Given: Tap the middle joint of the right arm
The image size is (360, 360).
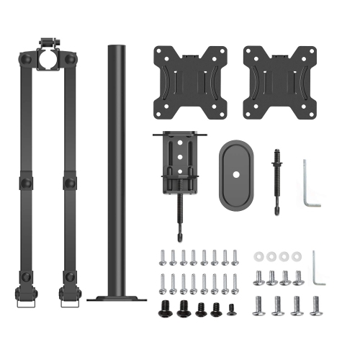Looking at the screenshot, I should [x=70, y=182].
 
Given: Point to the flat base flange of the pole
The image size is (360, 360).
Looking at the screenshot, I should [x=116, y=297].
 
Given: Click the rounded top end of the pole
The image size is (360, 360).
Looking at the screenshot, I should [x=115, y=48].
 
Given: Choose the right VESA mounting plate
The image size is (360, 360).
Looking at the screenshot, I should [x=271, y=83].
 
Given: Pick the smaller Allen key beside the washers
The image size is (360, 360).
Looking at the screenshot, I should [x=318, y=269].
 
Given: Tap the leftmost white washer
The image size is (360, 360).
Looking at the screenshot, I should [x=258, y=256].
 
